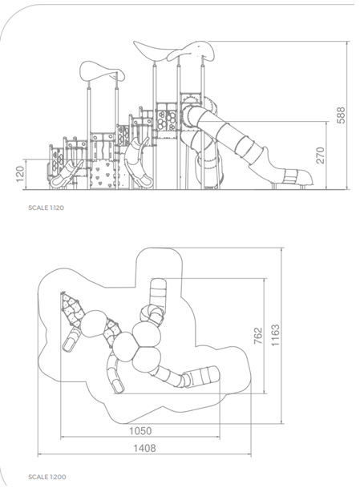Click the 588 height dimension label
[341, 115]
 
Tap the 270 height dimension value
[321, 155]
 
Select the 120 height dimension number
[20, 174]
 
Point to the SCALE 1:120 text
[46, 208]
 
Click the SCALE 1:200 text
[47, 477]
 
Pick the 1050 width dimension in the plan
[140, 431]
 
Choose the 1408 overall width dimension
[144, 448]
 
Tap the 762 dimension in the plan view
[258, 336]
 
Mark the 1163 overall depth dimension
[275, 335]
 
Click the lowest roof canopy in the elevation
[102, 71]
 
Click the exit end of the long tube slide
[297, 177]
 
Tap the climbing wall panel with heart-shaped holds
[101, 175]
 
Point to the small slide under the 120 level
[66, 174]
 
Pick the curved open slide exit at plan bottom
[119, 386]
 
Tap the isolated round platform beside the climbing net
[94, 324]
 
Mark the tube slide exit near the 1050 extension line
[202, 376]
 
